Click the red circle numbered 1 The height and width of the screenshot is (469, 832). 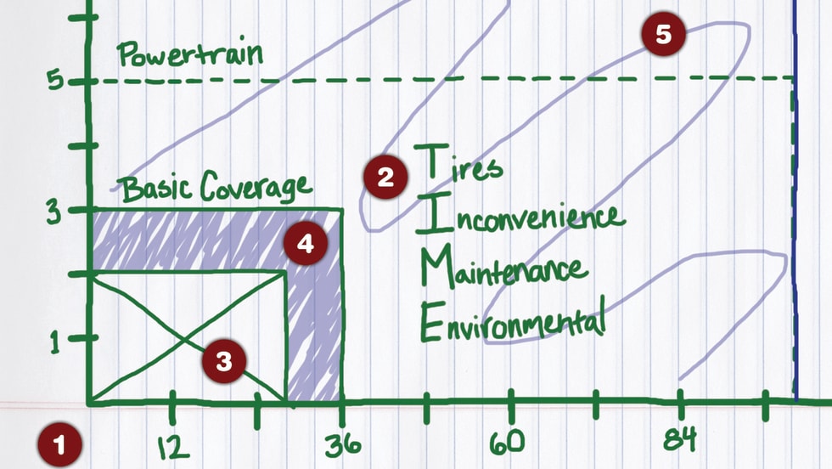(x=59, y=443)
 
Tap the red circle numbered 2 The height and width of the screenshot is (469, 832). (x=385, y=177)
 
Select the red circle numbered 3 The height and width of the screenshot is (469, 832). (x=223, y=360)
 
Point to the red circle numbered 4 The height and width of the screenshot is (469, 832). (x=305, y=244)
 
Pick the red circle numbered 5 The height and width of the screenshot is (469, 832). (x=663, y=35)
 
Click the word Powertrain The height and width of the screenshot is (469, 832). (x=190, y=55)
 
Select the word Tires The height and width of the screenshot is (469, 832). (x=458, y=162)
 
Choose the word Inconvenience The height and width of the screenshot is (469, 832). (x=520, y=217)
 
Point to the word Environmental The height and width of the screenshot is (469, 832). (x=513, y=321)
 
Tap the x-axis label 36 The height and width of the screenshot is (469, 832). (x=342, y=444)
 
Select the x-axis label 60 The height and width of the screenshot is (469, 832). (x=510, y=442)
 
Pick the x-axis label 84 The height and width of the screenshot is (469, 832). (x=679, y=439)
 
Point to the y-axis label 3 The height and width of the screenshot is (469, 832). (x=55, y=210)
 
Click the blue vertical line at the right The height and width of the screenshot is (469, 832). (x=795, y=212)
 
